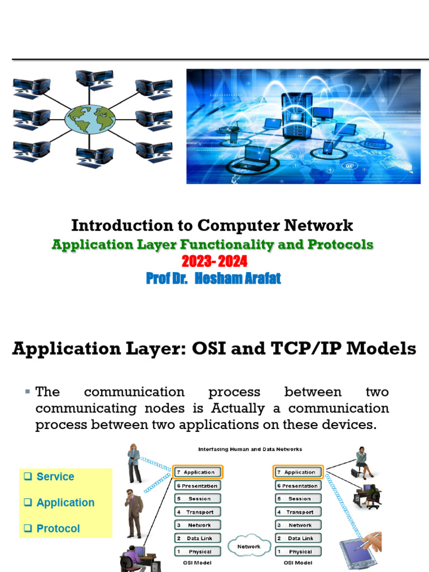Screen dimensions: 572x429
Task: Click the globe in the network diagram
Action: click(x=90, y=118)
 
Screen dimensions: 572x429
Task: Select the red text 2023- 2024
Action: click(x=214, y=261)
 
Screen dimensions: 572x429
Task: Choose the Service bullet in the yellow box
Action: click(x=55, y=476)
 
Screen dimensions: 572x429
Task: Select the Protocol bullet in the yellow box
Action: click(x=58, y=528)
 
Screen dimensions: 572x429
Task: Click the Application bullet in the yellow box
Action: click(x=65, y=503)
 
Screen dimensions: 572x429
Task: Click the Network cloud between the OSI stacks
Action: click(x=249, y=546)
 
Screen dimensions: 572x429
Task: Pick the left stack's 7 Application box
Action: click(x=198, y=472)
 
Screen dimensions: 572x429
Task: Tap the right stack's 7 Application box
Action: click(x=299, y=472)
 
